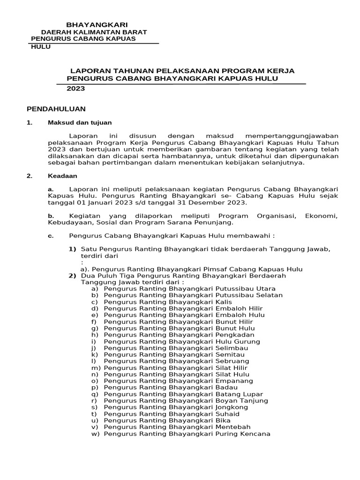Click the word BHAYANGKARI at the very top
coord(97,24)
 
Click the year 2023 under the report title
coord(75,88)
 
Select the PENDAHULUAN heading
coord(56,109)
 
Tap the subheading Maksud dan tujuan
coord(80,122)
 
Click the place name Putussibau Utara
coord(245,289)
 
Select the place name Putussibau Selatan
coord(248,295)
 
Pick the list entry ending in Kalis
coord(224,302)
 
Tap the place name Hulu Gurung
coord(237,341)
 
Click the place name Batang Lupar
coord(239,394)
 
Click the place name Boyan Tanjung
coord(241,401)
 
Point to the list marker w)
coord(96,434)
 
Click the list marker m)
coord(96,368)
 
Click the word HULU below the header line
coord(41,47)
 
